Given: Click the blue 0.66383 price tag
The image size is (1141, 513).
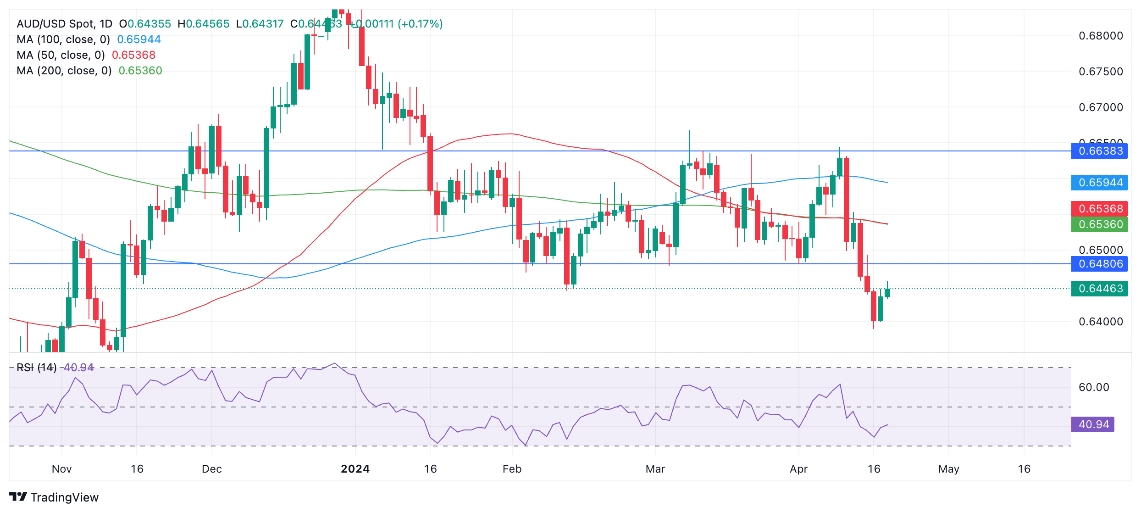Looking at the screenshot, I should point(1100,151).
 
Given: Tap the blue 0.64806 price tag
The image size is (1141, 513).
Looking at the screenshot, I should point(1100,264).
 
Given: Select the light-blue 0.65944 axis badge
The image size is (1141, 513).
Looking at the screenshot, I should point(1100,183).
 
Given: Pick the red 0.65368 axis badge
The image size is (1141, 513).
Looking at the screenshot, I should point(1100,209).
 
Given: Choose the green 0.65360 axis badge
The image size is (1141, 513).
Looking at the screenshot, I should point(1100,224).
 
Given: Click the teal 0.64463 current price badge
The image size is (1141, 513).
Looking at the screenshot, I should point(1100,289).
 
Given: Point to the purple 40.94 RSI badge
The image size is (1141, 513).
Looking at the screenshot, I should point(1093,424).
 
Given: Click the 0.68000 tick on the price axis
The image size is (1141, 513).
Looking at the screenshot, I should point(1101,36).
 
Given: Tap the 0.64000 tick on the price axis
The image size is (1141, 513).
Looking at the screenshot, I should point(1101,322).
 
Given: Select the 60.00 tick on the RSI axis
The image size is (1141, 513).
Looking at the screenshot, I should point(1094,387).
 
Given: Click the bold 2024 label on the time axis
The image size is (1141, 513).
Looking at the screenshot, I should point(355,469).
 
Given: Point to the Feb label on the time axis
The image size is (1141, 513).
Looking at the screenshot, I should point(512,469).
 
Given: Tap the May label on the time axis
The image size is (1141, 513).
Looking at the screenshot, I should point(949,469).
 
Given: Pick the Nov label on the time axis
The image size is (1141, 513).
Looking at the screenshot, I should point(61,469).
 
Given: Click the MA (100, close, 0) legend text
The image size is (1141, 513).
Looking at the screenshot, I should point(63,39).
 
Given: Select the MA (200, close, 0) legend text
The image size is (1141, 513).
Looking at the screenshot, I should point(64,71).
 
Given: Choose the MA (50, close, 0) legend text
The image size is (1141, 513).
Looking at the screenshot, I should point(61,55).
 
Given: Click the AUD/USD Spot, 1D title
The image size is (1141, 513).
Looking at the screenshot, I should point(64,24).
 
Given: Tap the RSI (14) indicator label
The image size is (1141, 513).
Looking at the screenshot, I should point(37,368).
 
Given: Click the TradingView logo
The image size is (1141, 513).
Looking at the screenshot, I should point(54,497).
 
